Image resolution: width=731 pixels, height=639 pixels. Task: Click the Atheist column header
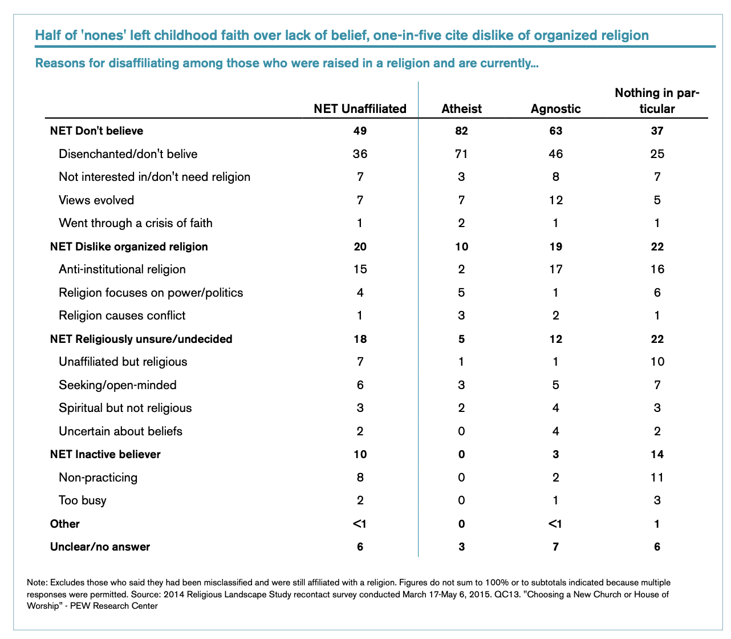click(461, 108)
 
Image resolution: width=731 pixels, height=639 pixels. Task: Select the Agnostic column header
click(555, 108)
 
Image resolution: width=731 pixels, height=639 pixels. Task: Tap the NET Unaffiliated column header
click(360, 108)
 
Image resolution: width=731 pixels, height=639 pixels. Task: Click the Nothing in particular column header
click(657, 100)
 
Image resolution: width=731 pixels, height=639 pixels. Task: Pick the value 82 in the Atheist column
click(461, 131)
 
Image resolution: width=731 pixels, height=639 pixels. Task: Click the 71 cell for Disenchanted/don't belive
click(461, 153)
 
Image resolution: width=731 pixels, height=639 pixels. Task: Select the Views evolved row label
click(96, 200)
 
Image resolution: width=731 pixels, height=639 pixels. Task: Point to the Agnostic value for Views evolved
click(555, 200)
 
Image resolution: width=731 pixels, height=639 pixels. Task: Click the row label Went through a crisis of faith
click(135, 223)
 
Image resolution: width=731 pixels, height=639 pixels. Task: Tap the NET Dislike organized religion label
click(129, 246)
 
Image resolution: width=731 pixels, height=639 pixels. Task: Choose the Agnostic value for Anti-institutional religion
click(555, 269)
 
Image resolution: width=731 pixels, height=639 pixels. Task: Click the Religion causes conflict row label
click(122, 316)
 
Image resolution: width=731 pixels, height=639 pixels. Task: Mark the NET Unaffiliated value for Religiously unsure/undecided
click(360, 339)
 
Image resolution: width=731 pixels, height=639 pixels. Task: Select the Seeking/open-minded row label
click(117, 385)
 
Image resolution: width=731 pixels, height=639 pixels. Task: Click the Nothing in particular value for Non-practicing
click(657, 478)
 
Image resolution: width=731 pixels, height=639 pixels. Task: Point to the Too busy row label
click(83, 500)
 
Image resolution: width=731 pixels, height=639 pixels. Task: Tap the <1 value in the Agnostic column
click(555, 524)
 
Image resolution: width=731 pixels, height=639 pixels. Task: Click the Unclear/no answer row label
click(100, 547)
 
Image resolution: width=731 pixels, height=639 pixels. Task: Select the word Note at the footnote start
click(36, 582)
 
